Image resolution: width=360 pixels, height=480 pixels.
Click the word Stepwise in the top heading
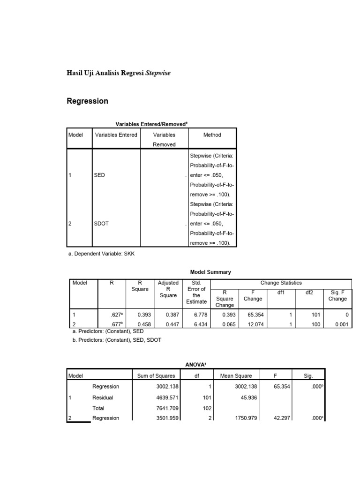click(x=161, y=73)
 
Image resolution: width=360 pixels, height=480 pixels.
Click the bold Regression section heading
click(x=88, y=101)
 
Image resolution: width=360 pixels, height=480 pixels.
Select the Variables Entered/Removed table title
click(x=151, y=124)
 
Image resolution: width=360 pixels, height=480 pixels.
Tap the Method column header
click(x=212, y=135)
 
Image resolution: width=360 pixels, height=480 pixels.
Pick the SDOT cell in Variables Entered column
click(x=102, y=224)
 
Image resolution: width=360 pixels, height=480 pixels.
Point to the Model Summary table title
click(x=210, y=272)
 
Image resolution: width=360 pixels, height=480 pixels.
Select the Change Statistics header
click(x=281, y=283)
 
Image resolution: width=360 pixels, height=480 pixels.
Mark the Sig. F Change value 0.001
click(x=342, y=324)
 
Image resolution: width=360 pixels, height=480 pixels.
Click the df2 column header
click(x=309, y=292)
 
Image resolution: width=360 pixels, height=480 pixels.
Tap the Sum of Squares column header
click(x=156, y=375)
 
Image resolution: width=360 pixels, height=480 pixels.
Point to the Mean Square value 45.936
click(x=244, y=397)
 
